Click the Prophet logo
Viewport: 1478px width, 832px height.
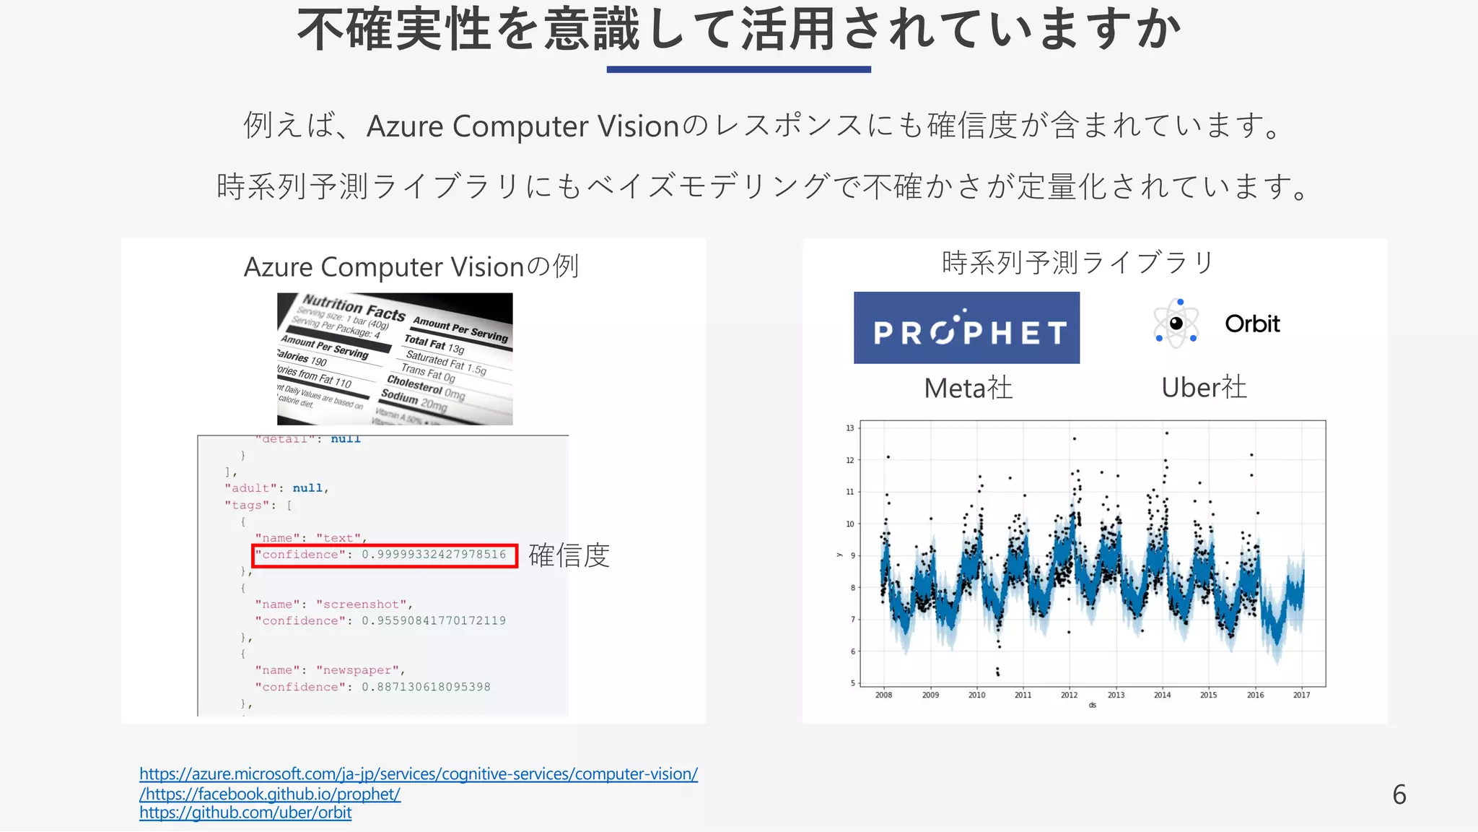click(966, 328)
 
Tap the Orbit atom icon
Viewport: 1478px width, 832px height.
click(1176, 324)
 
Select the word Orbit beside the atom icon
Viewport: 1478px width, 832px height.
click(1252, 324)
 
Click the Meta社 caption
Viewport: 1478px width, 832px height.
click(968, 389)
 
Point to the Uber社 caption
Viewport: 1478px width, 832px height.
click(1204, 388)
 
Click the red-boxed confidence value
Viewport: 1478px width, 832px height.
click(433, 555)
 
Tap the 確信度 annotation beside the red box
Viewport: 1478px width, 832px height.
click(569, 555)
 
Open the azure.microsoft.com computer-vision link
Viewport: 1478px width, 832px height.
click(419, 773)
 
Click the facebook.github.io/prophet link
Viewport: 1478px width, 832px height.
click(271, 794)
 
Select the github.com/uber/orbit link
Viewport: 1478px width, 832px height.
click(245, 812)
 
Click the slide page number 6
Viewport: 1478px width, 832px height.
click(1399, 794)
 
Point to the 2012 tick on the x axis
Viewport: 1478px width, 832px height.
click(1069, 695)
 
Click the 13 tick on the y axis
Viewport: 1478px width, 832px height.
click(850, 428)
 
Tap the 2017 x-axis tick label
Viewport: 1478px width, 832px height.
click(1301, 695)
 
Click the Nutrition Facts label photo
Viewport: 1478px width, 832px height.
click(395, 359)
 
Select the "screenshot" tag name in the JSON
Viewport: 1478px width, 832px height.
click(361, 604)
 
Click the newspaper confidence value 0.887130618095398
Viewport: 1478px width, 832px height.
click(426, 687)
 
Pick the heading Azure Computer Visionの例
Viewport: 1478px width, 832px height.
click(411, 266)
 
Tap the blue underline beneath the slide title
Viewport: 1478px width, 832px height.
click(738, 69)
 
